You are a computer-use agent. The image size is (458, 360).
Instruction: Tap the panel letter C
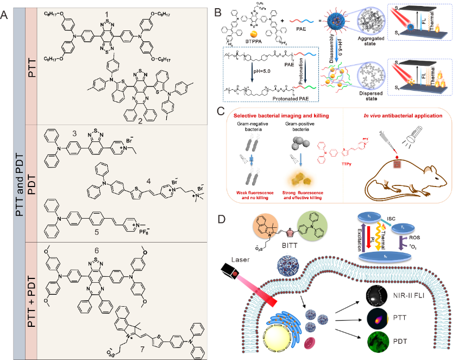218,111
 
